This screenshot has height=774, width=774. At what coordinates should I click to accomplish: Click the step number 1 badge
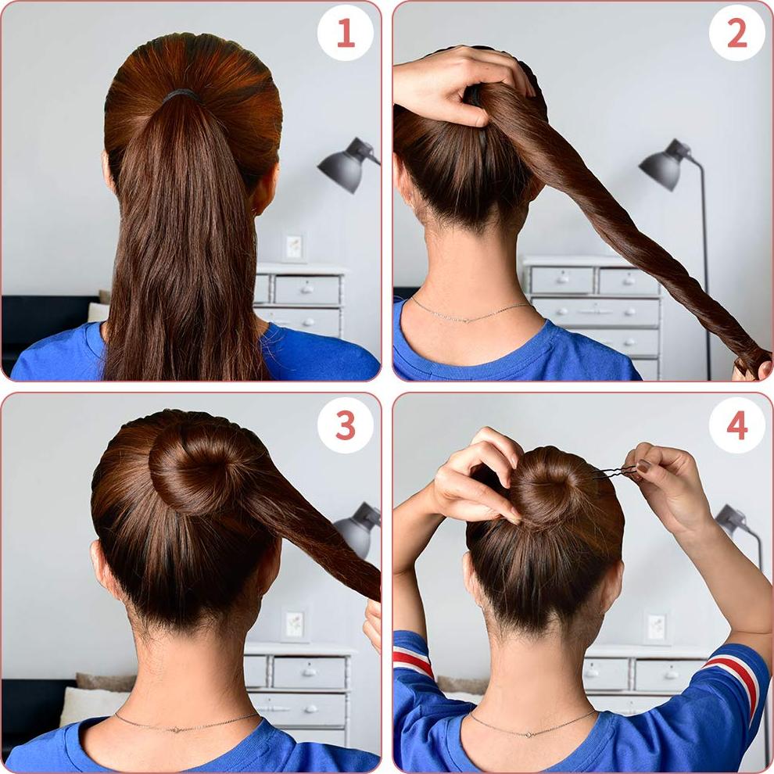tap(345, 34)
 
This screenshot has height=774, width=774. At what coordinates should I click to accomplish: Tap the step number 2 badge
tap(736, 34)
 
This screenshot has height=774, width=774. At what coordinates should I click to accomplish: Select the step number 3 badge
tap(345, 425)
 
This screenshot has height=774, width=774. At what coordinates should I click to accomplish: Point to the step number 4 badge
tap(736, 425)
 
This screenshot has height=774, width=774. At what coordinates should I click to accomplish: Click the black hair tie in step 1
tap(181, 95)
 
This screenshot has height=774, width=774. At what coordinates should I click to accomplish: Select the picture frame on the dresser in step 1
tap(294, 246)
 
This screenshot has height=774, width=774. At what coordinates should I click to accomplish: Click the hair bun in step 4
tap(554, 486)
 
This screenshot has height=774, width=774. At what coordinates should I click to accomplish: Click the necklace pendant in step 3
tap(181, 727)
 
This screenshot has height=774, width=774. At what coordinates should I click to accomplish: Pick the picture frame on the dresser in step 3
tap(294, 625)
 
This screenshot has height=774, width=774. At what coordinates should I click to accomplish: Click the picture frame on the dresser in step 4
tap(656, 627)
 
